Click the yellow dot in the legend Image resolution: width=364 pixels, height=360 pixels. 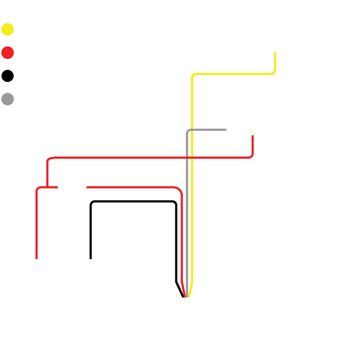click(8, 29)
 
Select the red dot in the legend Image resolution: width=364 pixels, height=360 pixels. click(8, 53)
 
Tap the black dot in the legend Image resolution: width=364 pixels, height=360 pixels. click(8, 76)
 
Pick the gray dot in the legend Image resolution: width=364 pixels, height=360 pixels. click(8, 99)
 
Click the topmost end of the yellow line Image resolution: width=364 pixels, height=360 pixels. click(275, 53)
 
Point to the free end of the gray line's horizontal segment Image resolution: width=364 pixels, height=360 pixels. click(225, 129)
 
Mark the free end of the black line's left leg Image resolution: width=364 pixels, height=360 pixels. click(91, 258)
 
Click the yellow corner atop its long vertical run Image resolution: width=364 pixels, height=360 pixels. click(192, 75)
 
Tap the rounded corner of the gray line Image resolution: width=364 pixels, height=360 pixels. click(188, 130)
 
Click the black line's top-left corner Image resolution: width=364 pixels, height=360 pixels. click(91, 202)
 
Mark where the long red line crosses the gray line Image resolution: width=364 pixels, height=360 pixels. click(187, 157)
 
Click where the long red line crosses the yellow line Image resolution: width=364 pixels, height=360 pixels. click(192, 157)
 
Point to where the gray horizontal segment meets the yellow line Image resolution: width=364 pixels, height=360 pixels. click(192, 129)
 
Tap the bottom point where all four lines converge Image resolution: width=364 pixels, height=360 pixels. click(186, 297)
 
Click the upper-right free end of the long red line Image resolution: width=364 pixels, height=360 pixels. click(252, 136)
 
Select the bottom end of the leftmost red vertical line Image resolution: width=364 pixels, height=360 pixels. click(37, 258)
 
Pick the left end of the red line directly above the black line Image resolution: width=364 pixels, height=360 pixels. click(87, 187)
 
